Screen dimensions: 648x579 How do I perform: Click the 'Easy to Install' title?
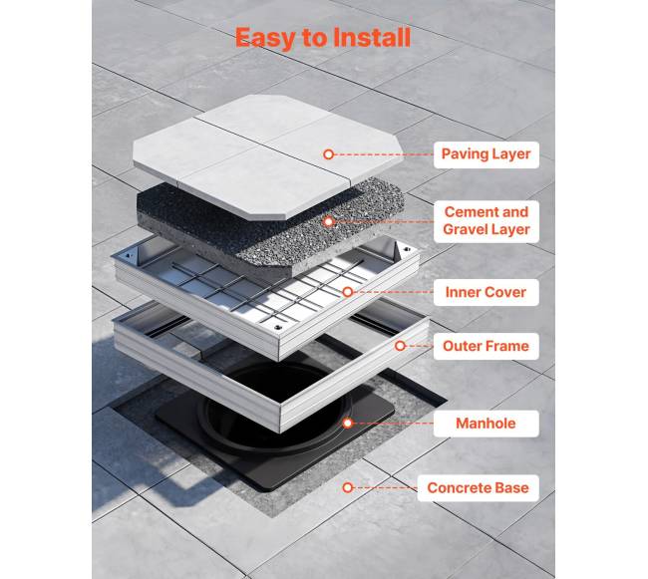click(323, 38)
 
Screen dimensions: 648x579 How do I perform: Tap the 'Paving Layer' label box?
click(486, 154)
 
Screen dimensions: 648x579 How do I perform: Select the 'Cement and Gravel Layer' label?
click(486, 221)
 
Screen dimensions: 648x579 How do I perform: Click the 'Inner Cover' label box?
click(486, 292)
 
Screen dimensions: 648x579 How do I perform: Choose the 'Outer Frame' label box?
click(486, 346)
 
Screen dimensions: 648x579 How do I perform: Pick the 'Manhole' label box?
click(486, 424)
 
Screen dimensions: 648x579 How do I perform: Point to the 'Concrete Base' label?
click(479, 488)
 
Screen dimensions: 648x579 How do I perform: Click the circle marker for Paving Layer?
click(329, 154)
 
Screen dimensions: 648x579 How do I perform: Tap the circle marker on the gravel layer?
click(329, 222)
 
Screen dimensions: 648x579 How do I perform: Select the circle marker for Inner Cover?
click(348, 292)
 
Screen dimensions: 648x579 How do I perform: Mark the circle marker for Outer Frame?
click(400, 346)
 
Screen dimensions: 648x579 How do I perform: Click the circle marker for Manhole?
click(348, 424)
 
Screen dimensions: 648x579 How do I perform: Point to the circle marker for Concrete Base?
click(348, 487)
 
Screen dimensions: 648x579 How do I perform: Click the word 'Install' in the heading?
click(372, 37)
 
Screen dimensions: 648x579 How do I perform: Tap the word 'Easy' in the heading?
click(266, 39)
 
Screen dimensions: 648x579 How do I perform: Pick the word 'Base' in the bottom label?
click(512, 488)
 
